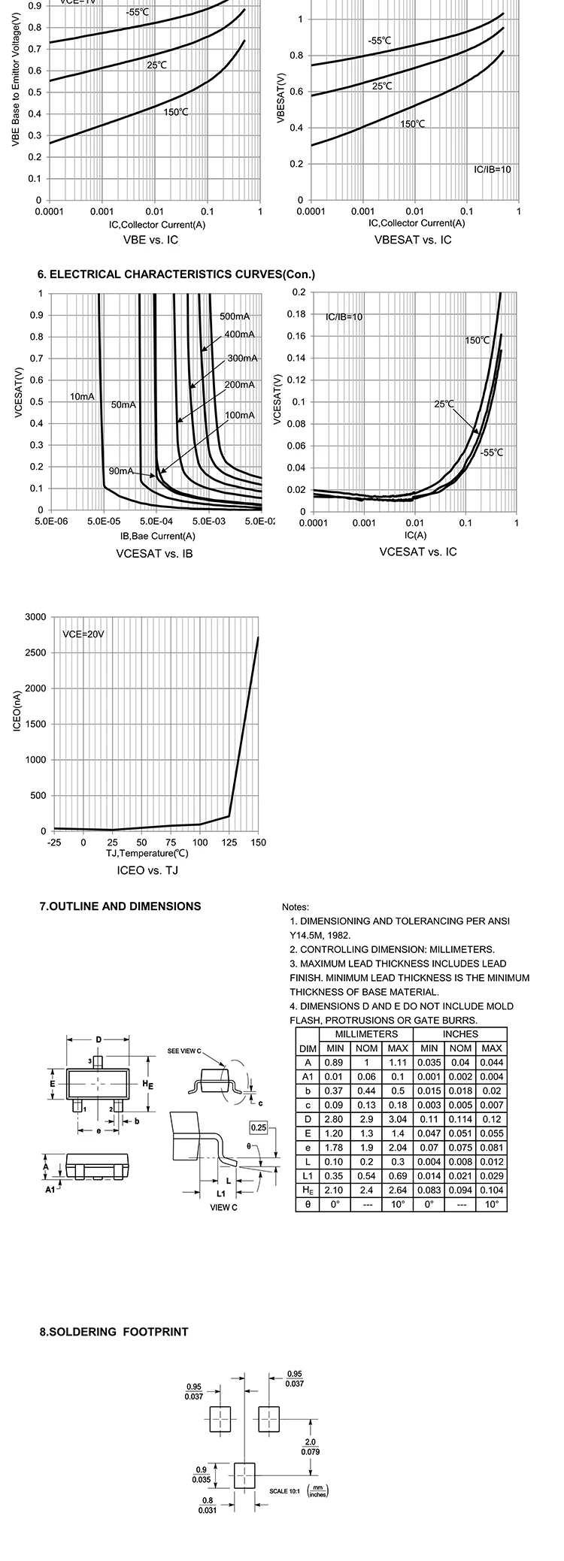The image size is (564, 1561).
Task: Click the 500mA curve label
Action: pyautogui.click(x=235, y=316)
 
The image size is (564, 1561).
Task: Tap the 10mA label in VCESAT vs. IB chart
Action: pyautogui.click(x=82, y=396)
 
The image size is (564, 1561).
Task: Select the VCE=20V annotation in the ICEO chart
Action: pyautogui.click(x=83, y=634)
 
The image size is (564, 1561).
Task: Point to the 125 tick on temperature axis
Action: pyautogui.click(x=229, y=843)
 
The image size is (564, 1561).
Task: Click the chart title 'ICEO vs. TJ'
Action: pyautogui.click(x=147, y=870)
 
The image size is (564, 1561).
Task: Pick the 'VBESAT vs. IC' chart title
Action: pyautogui.click(x=413, y=240)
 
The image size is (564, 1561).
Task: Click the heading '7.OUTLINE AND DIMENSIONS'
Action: pyautogui.click(x=120, y=906)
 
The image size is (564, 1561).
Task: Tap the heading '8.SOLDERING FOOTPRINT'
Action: pyautogui.click(x=114, y=1332)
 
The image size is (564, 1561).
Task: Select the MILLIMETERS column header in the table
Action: pyautogui.click(x=366, y=1034)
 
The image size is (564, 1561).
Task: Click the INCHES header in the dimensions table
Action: pyautogui.click(x=460, y=1034)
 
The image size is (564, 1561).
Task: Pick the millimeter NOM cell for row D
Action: pyautogui.click(x=366, y=1119)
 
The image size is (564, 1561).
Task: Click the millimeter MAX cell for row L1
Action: pyautogui.click(x=398, y=1175)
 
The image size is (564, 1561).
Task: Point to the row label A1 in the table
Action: pyautogui.click(x=308, y=1076)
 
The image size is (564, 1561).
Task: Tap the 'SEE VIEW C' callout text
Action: pyautogui.click(x=185, y=1051)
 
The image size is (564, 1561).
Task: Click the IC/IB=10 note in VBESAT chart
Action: pyautogui.click(x=492, y=170)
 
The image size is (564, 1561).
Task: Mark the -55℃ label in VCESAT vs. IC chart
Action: pyautogui.click(x=491, y=452)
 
